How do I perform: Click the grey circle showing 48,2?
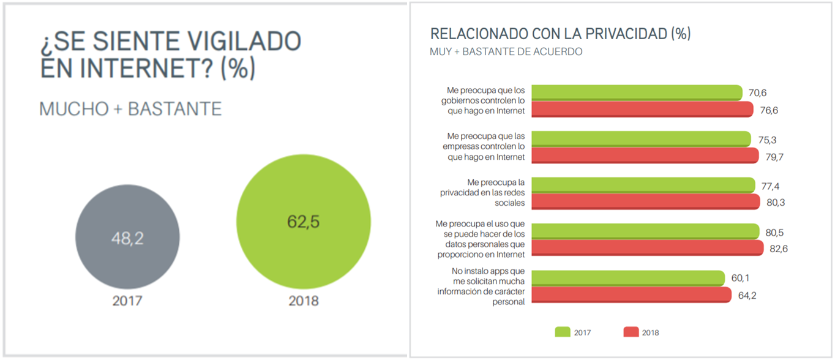127,238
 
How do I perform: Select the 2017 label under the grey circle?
127,301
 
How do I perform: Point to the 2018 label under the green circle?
303,301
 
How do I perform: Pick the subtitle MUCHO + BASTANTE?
130,109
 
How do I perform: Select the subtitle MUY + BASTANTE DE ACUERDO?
506,52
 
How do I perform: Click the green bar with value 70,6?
637,92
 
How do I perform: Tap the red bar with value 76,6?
642,110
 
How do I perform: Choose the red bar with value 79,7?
645,156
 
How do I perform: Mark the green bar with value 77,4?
643,185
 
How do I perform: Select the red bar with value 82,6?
647,247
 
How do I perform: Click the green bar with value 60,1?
628,279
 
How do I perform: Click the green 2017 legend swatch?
563,332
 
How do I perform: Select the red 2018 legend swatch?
631,332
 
